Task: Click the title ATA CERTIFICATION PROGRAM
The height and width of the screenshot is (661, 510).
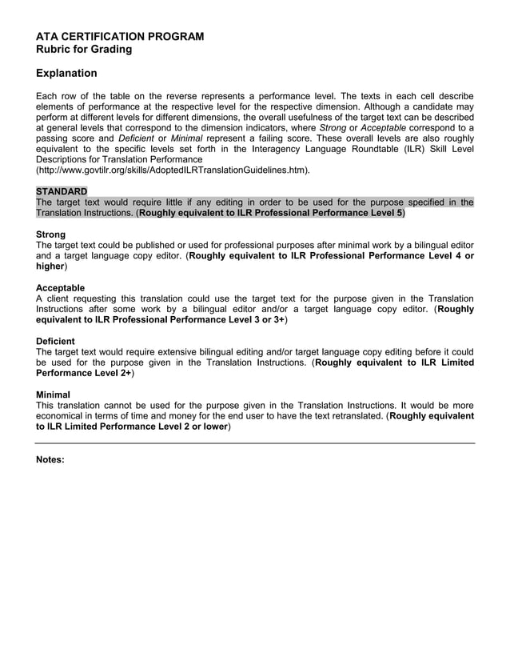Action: [120, 37]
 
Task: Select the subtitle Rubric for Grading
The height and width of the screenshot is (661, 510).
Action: [84, 50]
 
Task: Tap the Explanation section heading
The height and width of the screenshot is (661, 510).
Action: [66, 74]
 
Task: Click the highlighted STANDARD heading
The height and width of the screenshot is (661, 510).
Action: [62, 192]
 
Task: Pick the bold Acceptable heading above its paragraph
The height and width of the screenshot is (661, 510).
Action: [60, 288]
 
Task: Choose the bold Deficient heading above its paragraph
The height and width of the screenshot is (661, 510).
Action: [55, 341]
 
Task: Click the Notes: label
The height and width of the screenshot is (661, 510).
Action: [50, 460]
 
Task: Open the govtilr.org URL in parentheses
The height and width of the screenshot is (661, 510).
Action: [173, 170]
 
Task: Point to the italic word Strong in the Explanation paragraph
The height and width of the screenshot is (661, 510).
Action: [333, 128]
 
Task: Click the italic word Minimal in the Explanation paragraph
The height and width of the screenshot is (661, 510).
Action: [187, 138]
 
